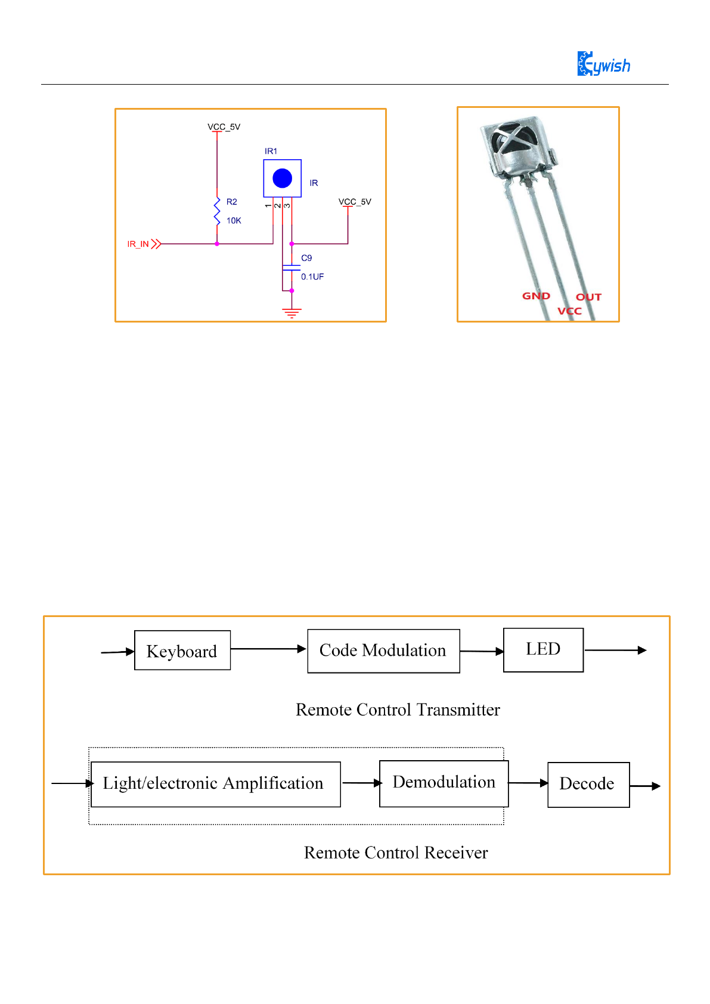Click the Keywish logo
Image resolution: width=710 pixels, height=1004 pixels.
(603, 63)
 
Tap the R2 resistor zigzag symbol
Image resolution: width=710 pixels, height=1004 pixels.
(217, 212)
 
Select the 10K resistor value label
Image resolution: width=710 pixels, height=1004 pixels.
(234, 221)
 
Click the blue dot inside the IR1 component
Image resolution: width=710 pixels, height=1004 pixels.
(283, 178)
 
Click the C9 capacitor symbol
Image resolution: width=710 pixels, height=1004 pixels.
(292, 268)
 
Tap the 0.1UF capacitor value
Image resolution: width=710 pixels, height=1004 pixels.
(312, 277)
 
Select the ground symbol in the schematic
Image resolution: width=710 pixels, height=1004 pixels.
(292, 313)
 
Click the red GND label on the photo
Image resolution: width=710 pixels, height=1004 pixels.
(536, 296)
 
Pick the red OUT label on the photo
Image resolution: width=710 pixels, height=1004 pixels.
(588, 297)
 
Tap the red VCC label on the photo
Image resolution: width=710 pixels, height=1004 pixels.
(569, 311)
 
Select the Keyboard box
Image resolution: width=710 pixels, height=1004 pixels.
(182, 650)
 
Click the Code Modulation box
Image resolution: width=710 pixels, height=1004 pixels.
(383, 651)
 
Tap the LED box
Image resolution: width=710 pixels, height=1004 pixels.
(543, 650)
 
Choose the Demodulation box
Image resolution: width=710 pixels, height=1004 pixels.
(444, 783)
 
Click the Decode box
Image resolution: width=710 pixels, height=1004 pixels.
(588, 785)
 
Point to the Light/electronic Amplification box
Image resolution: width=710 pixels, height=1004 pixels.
(216, 785)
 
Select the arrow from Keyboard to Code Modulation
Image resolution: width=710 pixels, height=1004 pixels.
(268, 649)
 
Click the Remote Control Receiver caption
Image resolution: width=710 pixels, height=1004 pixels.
(396, 853)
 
